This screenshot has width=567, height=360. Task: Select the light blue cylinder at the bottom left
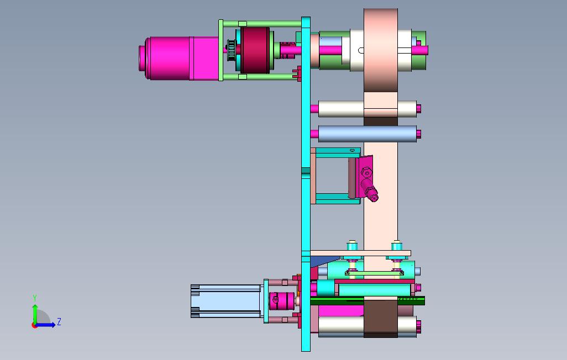click(227, 301)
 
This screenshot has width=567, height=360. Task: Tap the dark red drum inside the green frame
click(255, 50)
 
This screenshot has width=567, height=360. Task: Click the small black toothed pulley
click(231, 50)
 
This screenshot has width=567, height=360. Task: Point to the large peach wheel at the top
click(380, 50)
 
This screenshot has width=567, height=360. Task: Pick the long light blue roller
click(368, 134)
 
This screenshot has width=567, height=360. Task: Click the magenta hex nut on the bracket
click(366, 173)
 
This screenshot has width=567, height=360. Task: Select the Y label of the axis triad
click(35, 298)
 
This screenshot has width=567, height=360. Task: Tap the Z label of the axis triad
click(59, 321)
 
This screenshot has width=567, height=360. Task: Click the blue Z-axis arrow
click(45, 325)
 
